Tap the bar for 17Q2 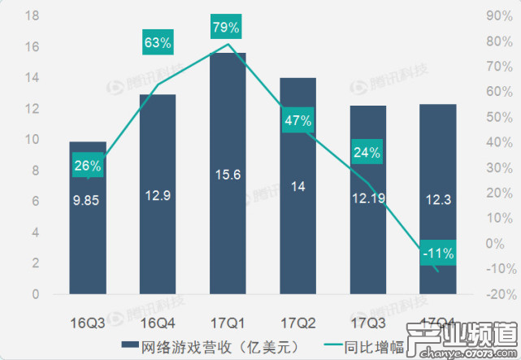[297, 244]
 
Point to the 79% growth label [227, 28]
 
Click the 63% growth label [157, 41]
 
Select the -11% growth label [438, 254]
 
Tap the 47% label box [297, 121]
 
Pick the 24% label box [367, 152]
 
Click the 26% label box [88, 166]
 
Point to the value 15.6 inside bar [228, 187]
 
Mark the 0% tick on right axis [492, 243]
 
